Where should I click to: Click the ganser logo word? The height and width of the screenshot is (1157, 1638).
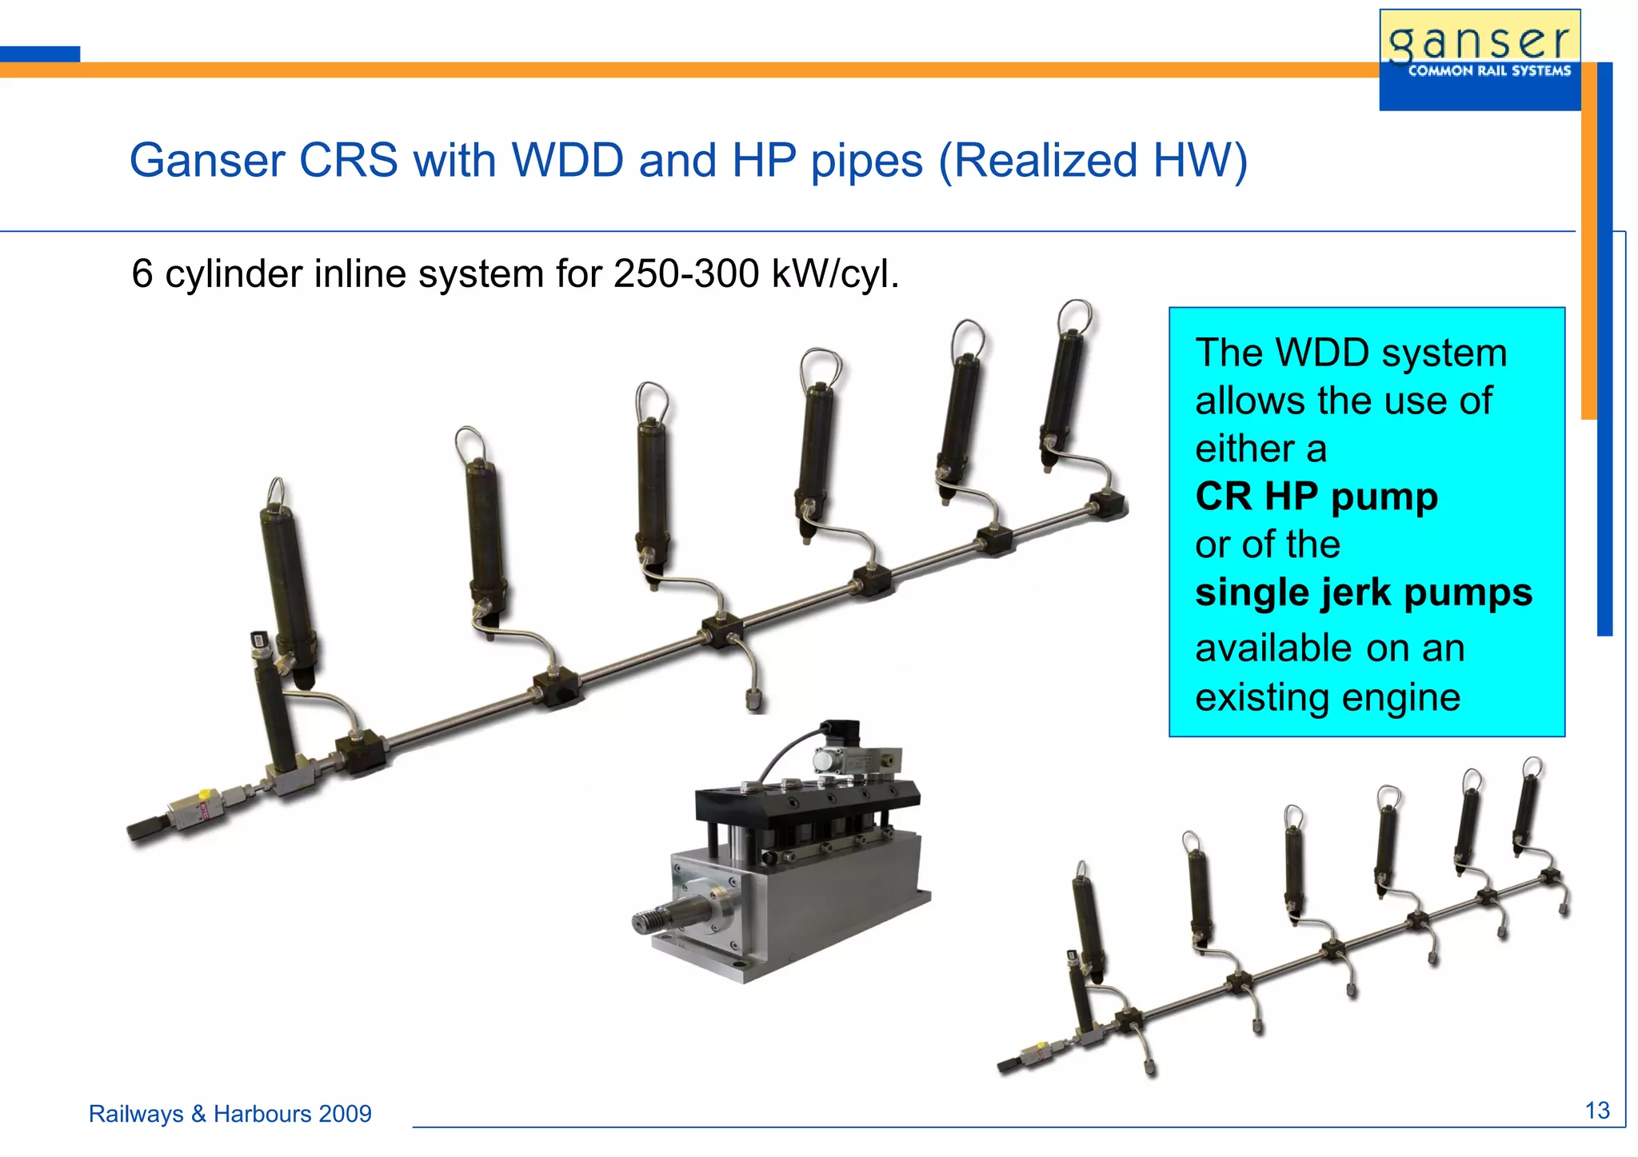coord(1479,42)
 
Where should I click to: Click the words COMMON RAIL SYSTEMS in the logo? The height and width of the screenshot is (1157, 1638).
coord(1488,71)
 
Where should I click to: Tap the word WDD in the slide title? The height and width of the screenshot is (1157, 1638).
coord(567,160)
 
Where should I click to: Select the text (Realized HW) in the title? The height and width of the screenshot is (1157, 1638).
coord(1093,160)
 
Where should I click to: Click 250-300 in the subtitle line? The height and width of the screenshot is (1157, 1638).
coord(685,274)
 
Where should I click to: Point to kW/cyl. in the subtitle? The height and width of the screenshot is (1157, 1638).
coord(835,274)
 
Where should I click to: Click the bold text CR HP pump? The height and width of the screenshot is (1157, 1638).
coord(1316,497)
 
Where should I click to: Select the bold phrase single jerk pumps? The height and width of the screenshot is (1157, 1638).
coord(1363,592)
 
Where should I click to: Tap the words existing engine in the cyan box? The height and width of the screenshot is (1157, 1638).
coord(1327,697)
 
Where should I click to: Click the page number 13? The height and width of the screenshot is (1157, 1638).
coord(1596,1111)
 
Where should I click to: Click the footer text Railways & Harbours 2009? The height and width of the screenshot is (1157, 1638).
coord(230,1114)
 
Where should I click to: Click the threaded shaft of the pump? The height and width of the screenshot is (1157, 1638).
coord(664,917)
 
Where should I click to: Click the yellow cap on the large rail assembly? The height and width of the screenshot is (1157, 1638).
coord(205,794)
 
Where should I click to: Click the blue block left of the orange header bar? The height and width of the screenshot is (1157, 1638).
coord(39,54)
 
